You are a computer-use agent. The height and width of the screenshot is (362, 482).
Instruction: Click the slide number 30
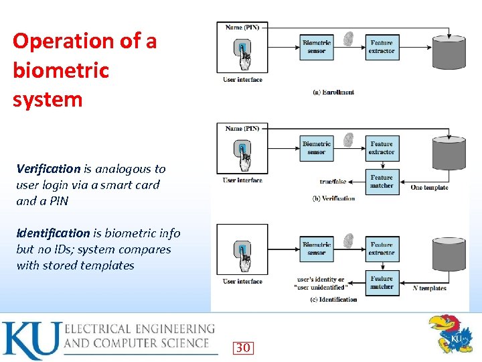[x=242, y=347]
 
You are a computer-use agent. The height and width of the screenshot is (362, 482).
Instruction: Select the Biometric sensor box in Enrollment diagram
[x=316, y=47]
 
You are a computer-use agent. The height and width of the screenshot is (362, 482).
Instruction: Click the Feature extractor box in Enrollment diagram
[x=382, y=47]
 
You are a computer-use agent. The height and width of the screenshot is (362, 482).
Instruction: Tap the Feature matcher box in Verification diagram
[x=382, y=182]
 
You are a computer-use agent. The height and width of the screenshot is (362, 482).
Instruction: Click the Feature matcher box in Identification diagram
[x=382, y=282]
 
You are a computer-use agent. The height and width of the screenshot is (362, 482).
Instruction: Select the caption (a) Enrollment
[x=333, y=92]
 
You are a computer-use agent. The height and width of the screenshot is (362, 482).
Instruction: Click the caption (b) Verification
[x=333, y=198]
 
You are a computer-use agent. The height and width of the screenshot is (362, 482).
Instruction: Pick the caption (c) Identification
[x=333, y=299]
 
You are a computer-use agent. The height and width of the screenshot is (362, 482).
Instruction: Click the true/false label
[x=333, y=181]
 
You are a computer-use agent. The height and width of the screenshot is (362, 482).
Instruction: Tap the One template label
[x=429, y=188]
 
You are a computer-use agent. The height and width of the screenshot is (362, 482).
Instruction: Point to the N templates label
[x=429, y=288]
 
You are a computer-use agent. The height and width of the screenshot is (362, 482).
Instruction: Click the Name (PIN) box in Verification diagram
[x=242, y=128]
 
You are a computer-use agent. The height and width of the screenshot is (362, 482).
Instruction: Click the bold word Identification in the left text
[x=53, y=233]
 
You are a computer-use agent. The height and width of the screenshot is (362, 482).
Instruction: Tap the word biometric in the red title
[x=60, y=70]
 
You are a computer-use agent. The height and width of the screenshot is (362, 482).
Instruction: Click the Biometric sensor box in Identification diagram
[x=316, y=249]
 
